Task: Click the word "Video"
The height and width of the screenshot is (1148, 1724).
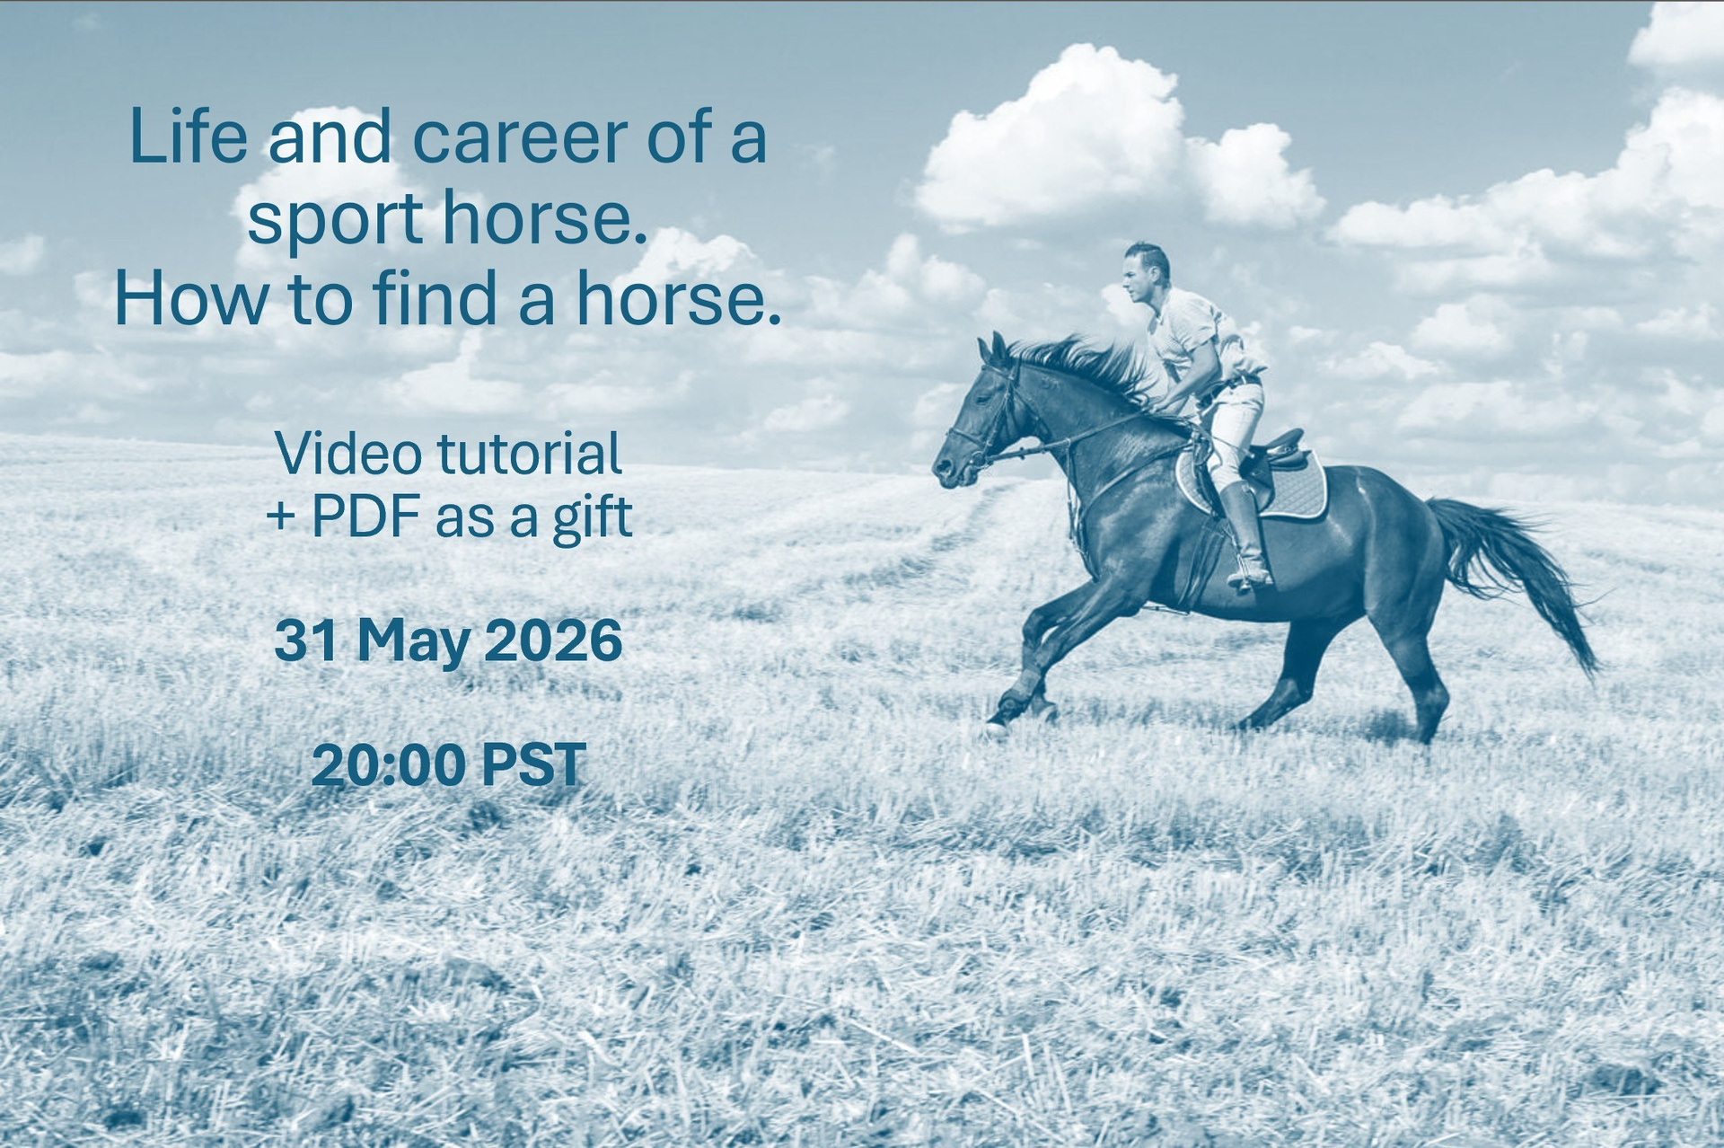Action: click(348, 454)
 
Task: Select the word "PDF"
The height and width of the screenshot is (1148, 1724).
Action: click(366, 517)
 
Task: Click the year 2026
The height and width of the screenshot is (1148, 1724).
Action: click(553, 641)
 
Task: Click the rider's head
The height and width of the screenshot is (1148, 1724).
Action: click(1146, 272)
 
